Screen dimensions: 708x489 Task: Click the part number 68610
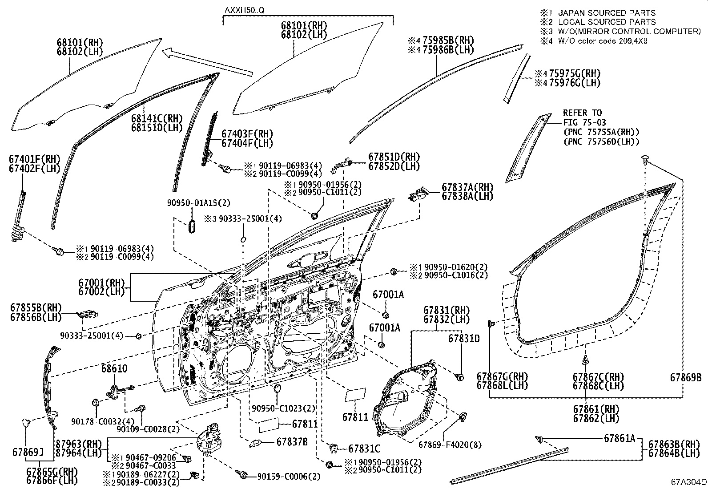114,368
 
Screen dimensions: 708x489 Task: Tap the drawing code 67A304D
689,482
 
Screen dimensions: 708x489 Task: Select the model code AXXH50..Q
244,10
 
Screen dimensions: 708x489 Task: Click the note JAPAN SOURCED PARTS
607,13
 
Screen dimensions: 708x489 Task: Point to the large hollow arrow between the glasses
207,62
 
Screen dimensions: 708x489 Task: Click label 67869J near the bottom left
28,453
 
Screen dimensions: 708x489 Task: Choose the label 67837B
292,442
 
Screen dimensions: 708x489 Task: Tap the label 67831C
364,449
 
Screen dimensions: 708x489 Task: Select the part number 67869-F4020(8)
450,445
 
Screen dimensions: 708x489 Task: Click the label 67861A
619,438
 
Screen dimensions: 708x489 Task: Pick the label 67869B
686,377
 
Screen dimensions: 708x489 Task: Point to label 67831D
464,339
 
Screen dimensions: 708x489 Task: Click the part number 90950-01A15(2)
198,203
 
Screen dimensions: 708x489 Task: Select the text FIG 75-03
584,122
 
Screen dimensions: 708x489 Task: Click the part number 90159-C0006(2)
289,477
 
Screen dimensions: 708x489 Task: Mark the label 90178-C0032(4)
103,421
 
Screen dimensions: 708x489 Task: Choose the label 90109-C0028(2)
148,429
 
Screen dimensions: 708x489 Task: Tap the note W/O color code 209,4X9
603,41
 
